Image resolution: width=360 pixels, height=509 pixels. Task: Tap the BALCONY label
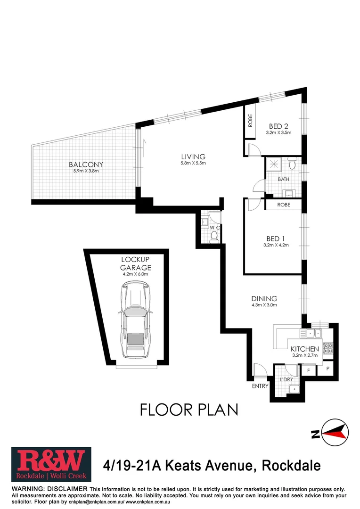coord(86,164)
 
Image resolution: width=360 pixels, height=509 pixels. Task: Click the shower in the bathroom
coord(273,164)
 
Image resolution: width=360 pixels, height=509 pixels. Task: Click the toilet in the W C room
coord(214,235)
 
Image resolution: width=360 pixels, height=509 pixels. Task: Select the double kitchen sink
coord(313,334)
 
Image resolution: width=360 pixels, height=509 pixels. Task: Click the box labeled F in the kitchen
coord(309,370)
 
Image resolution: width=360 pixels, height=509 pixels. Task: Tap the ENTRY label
coord(260,386)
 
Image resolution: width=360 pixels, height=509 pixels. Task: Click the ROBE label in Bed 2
coord(251,121)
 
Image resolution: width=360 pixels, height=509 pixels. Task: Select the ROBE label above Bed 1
coord(284,205)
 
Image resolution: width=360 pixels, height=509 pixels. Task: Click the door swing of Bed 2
coord(253,150)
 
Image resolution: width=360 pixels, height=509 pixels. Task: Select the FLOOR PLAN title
coord(189,410)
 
